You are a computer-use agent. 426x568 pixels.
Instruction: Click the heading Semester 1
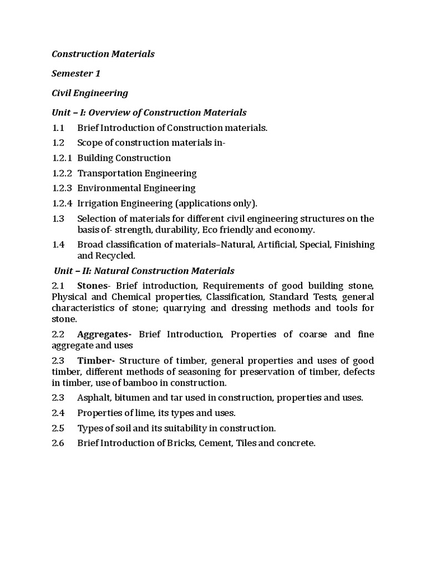pos(76,73)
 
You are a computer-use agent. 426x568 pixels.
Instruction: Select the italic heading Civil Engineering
pos(90,93)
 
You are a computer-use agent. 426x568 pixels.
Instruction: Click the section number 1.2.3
pos(62,188)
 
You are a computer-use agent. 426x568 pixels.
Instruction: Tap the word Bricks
pos(177,443)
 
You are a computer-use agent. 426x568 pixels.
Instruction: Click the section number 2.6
pos(58,443)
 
